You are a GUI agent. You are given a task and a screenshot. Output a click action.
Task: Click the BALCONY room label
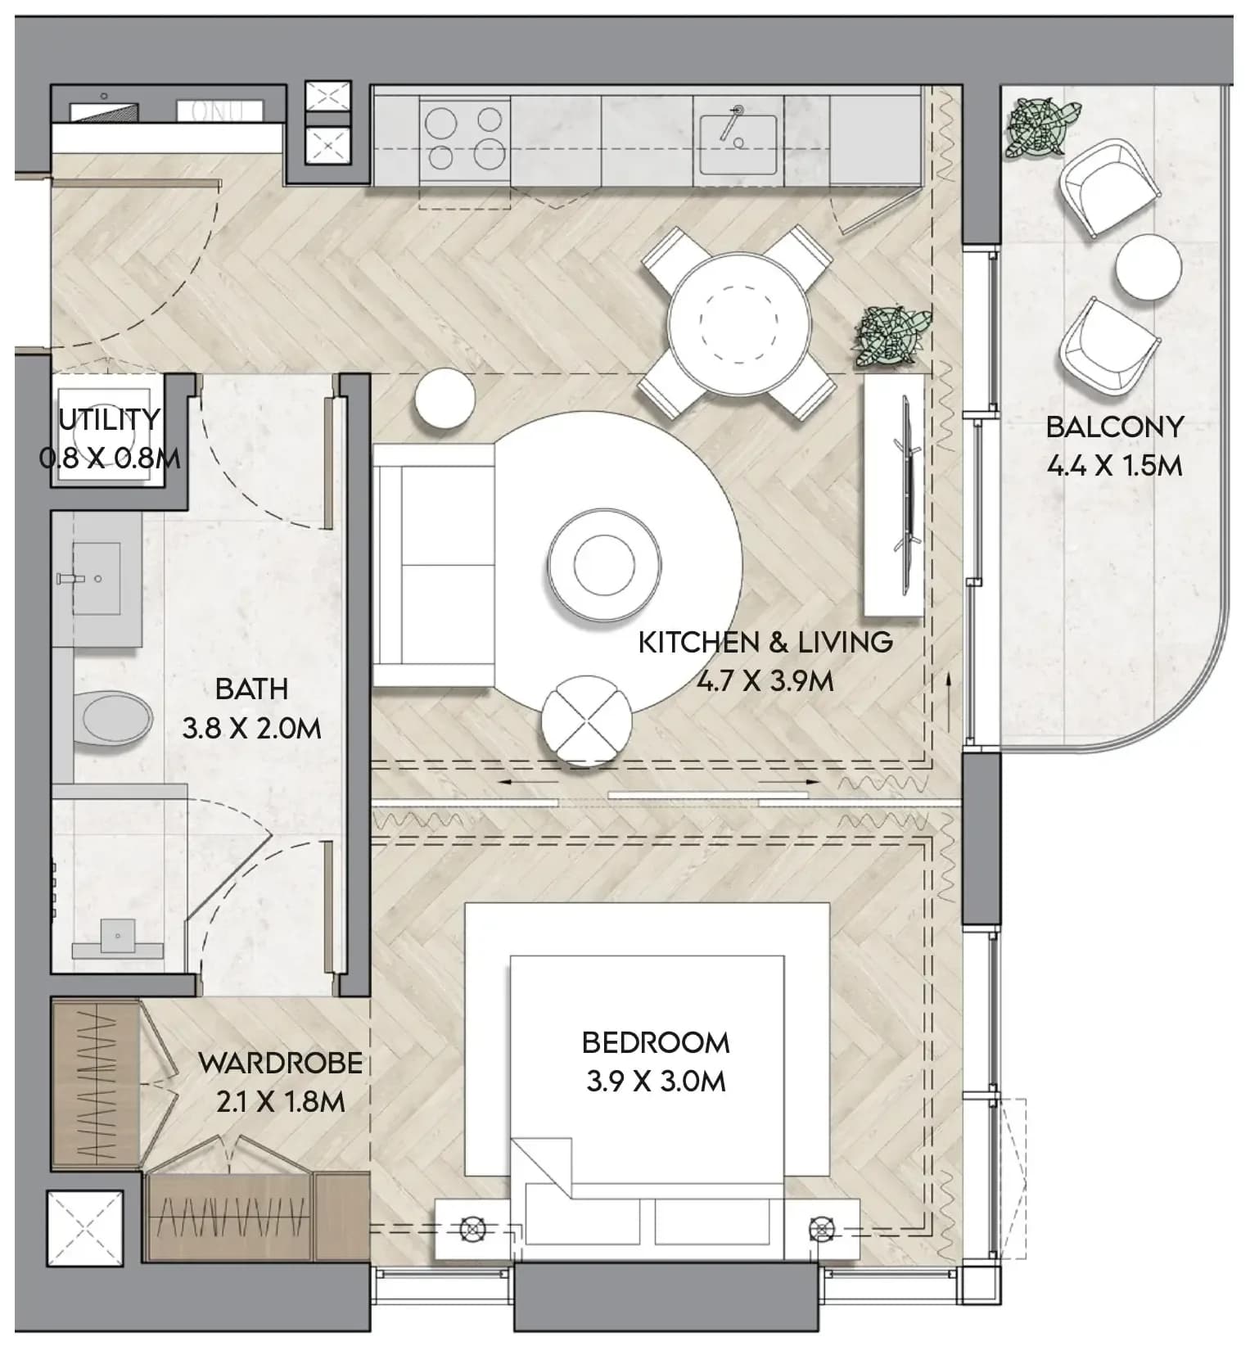click(1114, 427)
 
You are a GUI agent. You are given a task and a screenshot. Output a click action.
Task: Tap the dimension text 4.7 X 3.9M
click(765, 681)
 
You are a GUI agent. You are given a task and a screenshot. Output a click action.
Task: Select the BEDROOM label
click(656, 1042)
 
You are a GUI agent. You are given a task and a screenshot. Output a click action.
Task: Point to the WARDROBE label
click(281, 1063)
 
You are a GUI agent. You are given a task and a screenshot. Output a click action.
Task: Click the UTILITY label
click(109, 419)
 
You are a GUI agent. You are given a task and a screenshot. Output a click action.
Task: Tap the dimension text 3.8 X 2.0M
click(251, 728)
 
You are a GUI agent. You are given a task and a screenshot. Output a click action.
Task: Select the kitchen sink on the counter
click(737, 144)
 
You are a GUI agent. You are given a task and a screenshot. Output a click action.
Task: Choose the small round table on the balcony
click(1148, 267)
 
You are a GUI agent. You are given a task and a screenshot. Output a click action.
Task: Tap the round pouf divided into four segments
click(587, 721)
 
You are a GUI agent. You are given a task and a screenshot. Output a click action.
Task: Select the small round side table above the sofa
click(444, 398)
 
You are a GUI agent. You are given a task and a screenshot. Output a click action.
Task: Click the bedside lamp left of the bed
click(472, 1230)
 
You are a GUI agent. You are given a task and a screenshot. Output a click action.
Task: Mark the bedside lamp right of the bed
click(820, 1230)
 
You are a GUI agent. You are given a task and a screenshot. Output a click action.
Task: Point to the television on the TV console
click(907, 495)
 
